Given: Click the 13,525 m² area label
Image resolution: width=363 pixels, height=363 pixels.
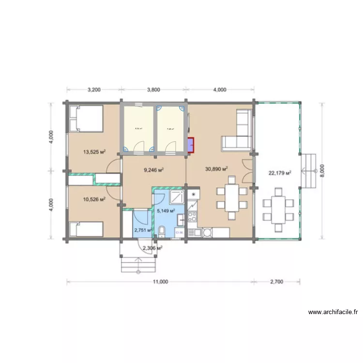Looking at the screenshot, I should tap(94, 152).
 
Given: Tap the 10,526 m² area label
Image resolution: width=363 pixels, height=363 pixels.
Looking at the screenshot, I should tap(94, 199).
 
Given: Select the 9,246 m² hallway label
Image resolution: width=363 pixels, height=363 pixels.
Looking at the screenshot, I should tap(153, 170).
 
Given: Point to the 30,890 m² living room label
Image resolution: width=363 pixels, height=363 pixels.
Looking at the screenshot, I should tap(216, 169).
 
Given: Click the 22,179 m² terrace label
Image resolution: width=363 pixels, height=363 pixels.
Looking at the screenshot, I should tap(279, 173).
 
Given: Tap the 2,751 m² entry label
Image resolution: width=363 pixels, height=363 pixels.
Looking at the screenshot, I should tap(143, 230).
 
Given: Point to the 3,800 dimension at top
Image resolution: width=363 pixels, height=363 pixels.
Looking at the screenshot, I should tap(153, 90).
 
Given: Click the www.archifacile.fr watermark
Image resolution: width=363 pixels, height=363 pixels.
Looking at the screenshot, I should tap(333, 312).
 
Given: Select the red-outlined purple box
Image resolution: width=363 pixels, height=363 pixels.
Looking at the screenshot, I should tap(190, 145).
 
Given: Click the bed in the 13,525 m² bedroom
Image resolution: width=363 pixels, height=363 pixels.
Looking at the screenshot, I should tap(86, 119).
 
